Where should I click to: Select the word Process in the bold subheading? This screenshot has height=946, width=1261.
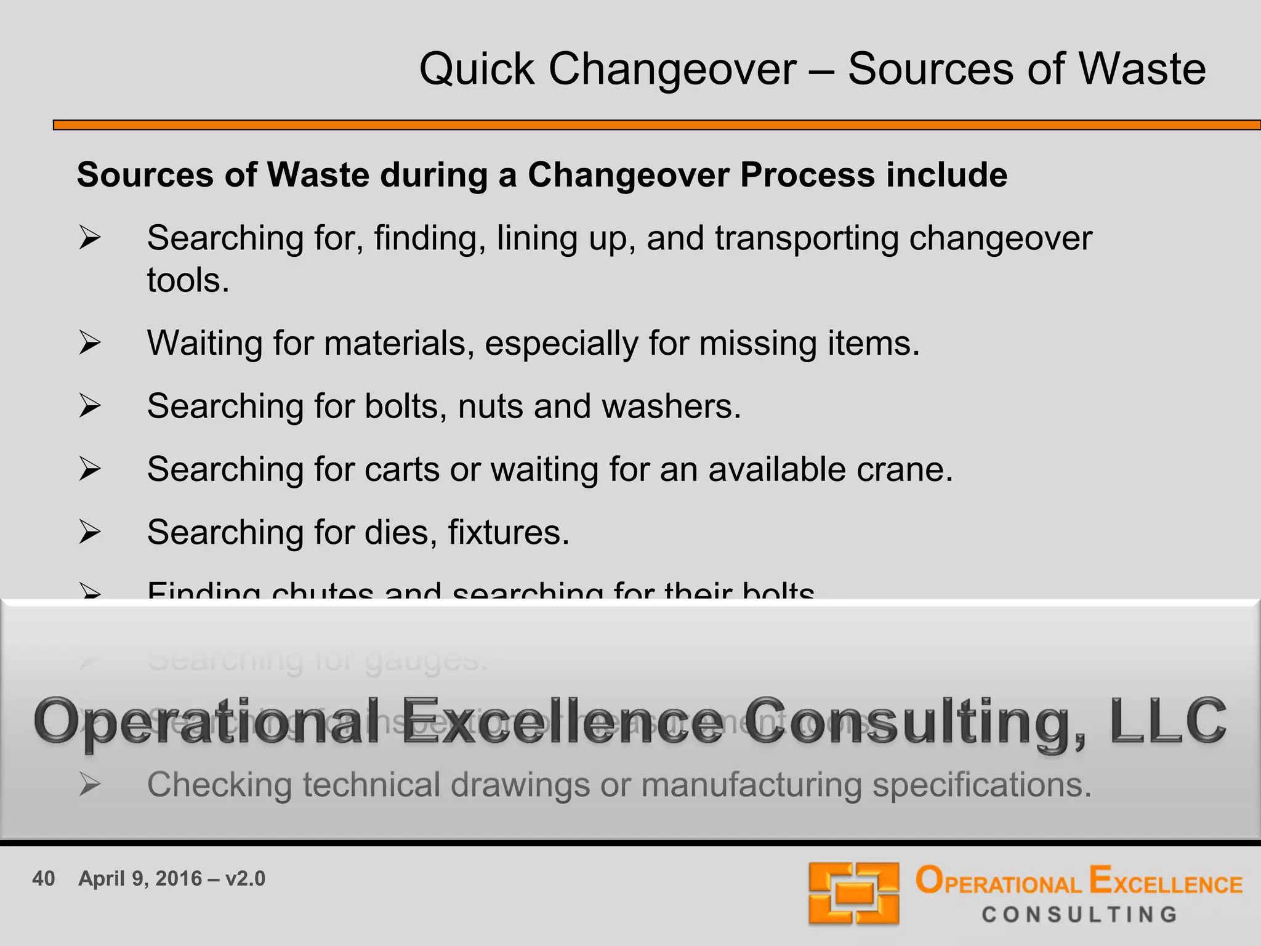point(807,175)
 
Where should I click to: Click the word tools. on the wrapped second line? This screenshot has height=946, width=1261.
point(188,281)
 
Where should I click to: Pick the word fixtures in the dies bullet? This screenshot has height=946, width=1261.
point(508,532)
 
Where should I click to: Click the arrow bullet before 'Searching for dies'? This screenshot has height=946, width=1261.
point(90,532)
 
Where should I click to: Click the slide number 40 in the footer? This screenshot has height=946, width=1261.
point(44,878)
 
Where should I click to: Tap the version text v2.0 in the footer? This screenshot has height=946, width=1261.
point(245,878)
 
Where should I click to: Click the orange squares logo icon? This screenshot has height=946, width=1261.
point(853,893)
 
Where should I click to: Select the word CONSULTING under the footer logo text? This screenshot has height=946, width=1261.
point(1079,915)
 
